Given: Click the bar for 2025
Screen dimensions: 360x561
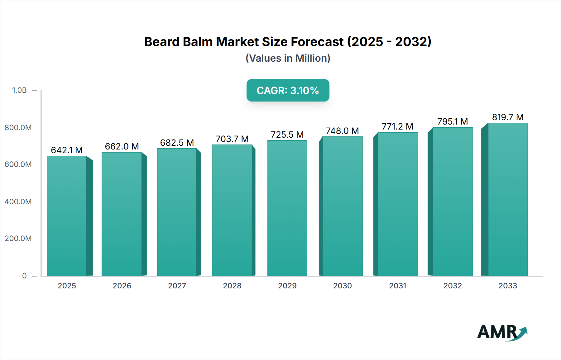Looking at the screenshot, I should (67, 216).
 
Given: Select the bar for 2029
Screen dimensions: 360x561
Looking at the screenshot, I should (287, 208).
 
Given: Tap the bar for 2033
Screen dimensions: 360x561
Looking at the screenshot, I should (507, 199).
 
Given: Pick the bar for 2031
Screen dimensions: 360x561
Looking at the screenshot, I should (397, 204).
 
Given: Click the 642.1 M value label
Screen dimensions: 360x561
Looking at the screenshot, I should (67, 150).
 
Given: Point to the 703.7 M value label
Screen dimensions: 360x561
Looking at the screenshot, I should (232, 139).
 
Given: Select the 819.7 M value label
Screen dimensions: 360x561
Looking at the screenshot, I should (507, 117).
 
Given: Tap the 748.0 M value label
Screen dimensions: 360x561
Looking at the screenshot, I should (342, 131).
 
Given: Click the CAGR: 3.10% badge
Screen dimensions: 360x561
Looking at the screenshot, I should (288, 90).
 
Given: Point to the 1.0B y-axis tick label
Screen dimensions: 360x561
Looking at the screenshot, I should (19, 90).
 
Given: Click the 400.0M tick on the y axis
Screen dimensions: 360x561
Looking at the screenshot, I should (18, 201).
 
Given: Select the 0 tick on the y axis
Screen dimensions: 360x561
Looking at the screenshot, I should (24, 276).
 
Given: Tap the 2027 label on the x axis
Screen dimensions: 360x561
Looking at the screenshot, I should (177, 286).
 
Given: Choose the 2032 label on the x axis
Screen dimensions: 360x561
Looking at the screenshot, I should (453, 286).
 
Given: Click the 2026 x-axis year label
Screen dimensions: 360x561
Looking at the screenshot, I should (122, 286).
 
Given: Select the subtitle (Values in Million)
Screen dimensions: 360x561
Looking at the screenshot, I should (288, 58).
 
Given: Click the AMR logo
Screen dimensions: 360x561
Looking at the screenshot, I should (502, 332).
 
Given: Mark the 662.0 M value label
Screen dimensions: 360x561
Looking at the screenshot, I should (122, 146).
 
